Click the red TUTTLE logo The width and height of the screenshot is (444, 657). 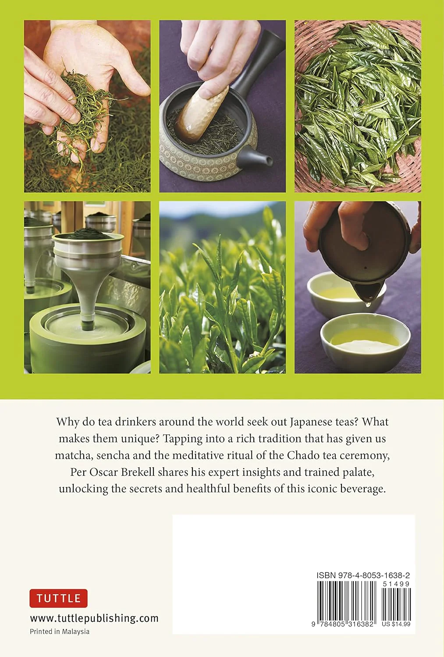58,598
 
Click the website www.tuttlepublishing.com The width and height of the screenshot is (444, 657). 94,618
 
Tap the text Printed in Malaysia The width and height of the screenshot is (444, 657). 60,632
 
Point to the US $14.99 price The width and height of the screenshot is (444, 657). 396,624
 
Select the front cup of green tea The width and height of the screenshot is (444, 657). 365,340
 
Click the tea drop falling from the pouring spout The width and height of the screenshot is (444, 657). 368,304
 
